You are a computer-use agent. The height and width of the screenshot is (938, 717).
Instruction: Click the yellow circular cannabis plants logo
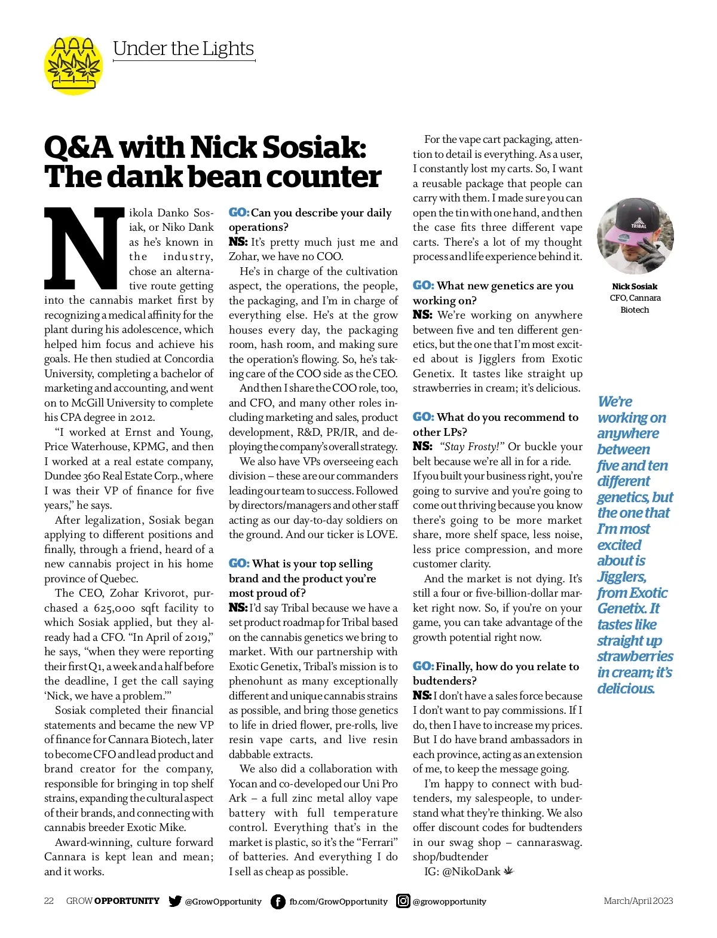pos(73,65)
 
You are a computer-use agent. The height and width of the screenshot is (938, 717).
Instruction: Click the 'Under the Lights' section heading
pos(183,48)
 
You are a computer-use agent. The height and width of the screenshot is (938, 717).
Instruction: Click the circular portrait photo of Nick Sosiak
pos(635,236)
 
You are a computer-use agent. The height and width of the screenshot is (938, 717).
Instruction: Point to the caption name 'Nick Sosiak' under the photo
pos(635,286)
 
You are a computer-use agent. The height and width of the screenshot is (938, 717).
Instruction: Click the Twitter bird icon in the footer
pos(175,901)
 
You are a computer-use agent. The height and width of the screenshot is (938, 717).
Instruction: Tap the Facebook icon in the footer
pos(278,901)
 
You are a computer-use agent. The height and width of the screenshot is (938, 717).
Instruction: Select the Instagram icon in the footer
pos(403,901)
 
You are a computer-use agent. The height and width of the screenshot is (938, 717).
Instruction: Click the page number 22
pos(49,901)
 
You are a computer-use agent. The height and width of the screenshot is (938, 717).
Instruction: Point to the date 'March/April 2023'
pos(638,901)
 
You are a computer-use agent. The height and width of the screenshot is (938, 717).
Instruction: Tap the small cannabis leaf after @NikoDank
pos(508,871)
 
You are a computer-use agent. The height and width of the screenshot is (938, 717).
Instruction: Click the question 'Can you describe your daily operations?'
pos(311,219)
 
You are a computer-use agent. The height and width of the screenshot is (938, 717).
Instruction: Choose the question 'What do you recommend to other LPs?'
pos(496,424)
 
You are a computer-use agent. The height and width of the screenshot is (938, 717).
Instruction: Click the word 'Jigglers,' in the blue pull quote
pos(622,577)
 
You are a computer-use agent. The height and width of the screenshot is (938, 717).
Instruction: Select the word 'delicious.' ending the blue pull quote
pos(626,689)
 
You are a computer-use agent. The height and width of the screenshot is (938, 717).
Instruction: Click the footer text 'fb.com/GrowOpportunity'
pos(338,902)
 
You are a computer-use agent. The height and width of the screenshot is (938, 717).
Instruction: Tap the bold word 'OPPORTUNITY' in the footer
pos(127,901)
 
